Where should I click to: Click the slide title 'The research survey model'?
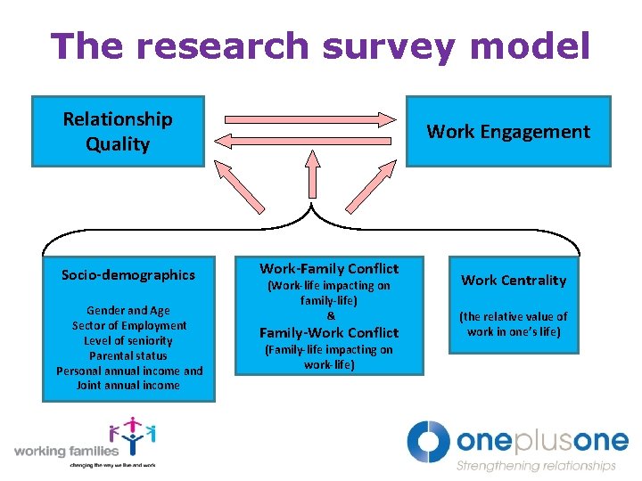320,46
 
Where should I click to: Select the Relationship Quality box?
118,132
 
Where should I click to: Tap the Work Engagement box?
508,132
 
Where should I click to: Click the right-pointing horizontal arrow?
309,118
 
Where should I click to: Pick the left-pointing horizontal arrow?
309,140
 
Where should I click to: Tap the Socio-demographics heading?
128,275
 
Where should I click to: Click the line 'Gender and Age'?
128,311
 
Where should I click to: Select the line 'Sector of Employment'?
129,326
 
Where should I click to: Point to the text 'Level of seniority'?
128,341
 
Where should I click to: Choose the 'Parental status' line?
128,356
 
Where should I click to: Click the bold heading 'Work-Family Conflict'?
329,269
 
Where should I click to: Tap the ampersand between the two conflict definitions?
330,315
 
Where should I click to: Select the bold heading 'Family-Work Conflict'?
329,332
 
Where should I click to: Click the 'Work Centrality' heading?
513,281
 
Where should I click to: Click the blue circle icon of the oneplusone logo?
429,441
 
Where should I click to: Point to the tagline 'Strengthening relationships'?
536,466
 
